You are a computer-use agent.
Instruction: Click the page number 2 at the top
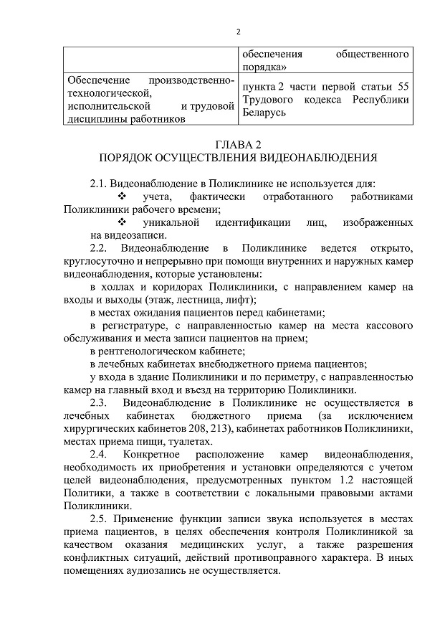(238, 32)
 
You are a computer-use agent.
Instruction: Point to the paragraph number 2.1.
(100, 184)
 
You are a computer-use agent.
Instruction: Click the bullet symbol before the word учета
(121, 197)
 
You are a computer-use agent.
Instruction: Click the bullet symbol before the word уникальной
(121, 222)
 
